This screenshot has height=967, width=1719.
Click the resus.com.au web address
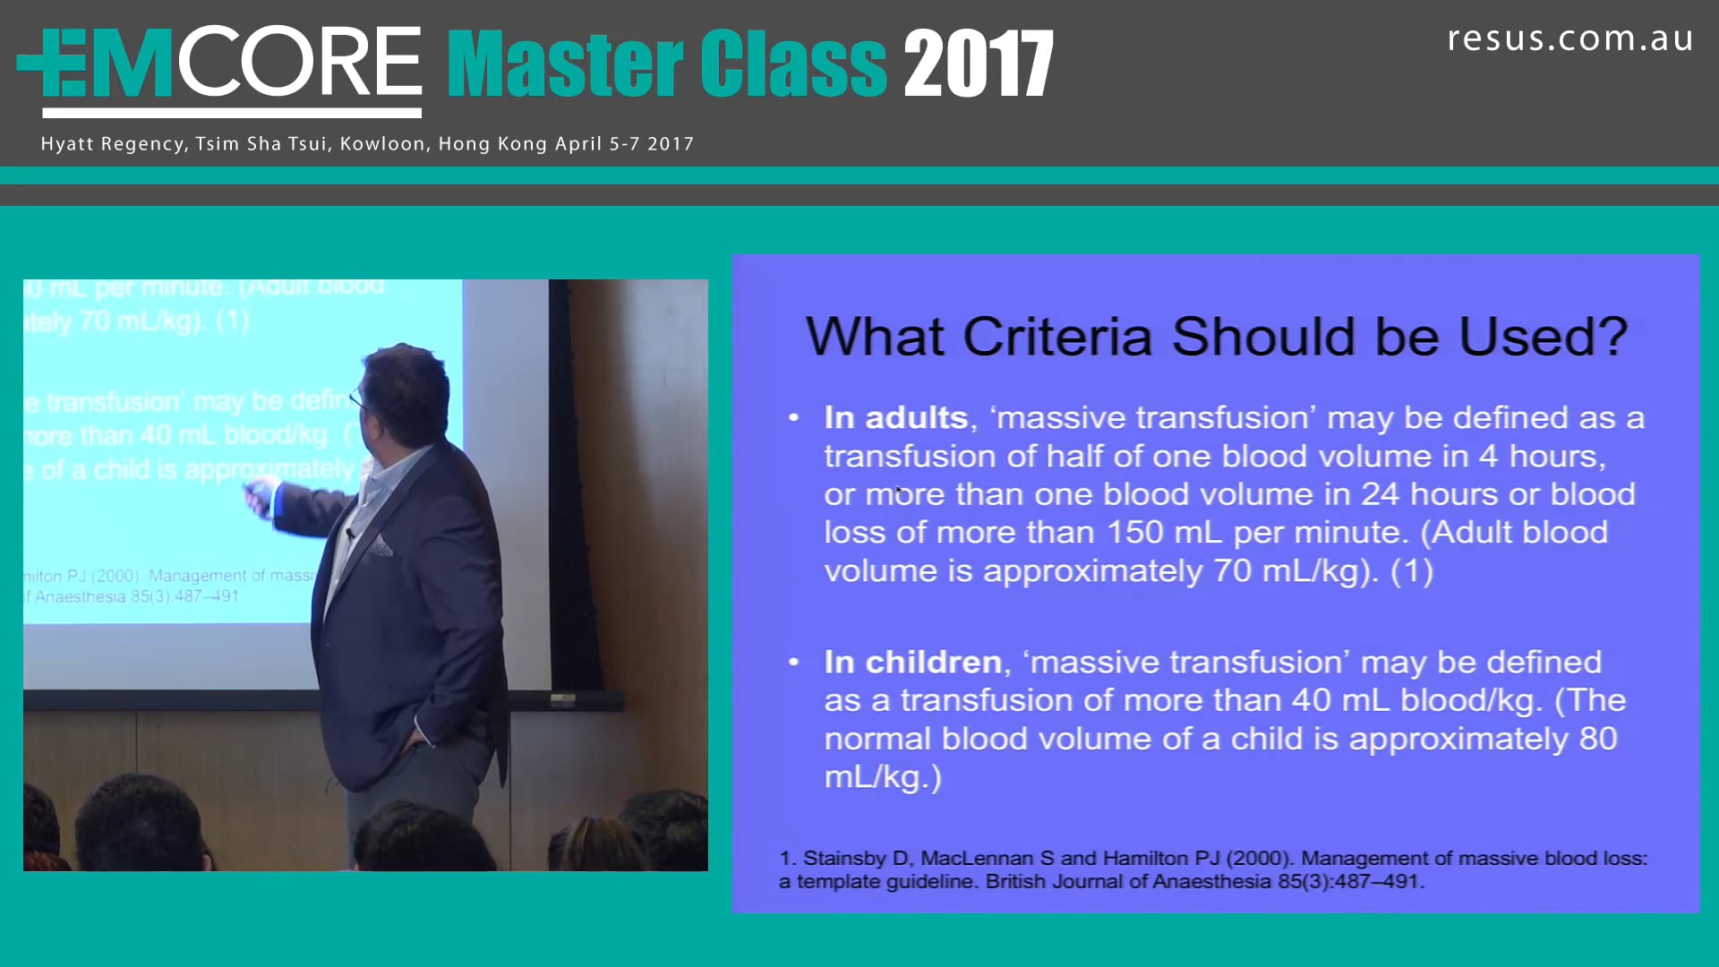pos(1569,39)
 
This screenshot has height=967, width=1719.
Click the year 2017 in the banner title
pos(978,64)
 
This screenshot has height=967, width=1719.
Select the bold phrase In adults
pos(895,418)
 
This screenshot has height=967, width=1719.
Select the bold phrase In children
pos(912,663)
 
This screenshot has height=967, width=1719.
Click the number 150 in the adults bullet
pos(1135,533)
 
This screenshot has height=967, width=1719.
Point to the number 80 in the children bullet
pos(1597,739)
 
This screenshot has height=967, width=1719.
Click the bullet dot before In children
pos(793,663)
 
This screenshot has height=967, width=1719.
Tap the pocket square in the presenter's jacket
pos(382,545)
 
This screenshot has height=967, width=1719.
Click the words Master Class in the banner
pos(667,64)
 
